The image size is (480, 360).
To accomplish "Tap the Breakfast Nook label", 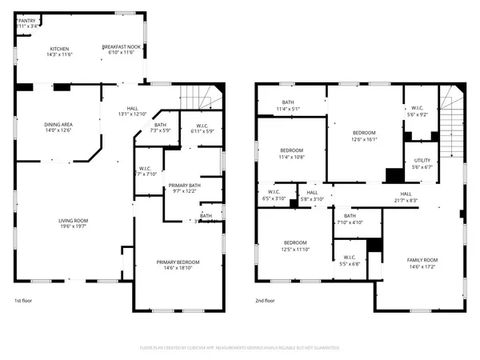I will click(122, 48).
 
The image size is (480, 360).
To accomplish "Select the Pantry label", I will click(28, 20).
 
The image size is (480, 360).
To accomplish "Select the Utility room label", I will click(422, 161).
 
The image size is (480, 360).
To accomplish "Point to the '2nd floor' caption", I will click(265, 301).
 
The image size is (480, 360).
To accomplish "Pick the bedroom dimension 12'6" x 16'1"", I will click(364, 138).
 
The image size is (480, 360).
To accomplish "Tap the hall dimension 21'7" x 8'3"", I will click(406, 199).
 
